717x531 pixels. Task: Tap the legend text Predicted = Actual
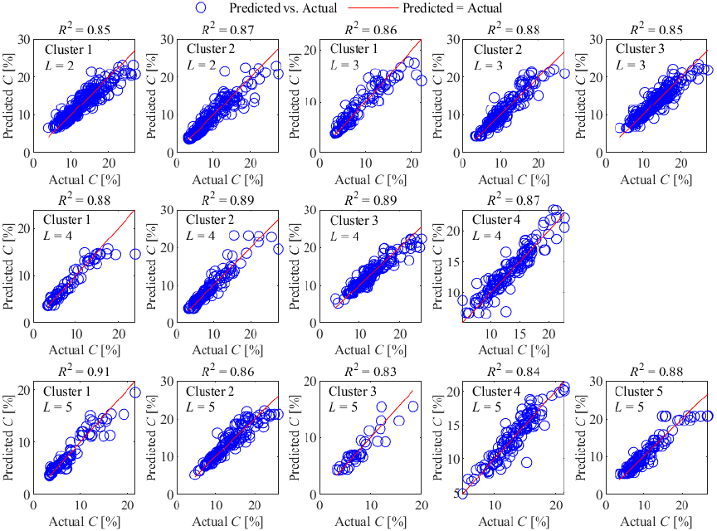coord(452,8)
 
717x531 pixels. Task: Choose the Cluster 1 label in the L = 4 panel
coord(68,220)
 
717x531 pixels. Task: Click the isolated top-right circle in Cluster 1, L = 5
coord(134,392)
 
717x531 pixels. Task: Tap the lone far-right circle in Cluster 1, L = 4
coord(134,254)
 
